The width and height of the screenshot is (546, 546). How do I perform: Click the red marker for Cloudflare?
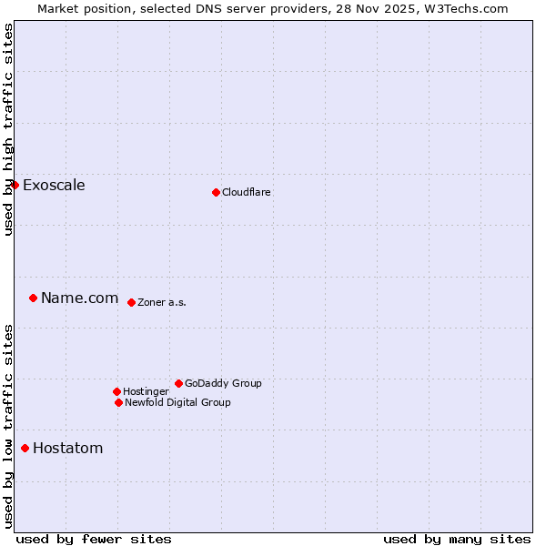216,192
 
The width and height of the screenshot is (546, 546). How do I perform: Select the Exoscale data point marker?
15,185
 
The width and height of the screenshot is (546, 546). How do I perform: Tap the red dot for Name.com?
33,298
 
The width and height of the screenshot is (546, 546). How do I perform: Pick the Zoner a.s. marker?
131,302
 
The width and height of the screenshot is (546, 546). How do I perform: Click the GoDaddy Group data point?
178,383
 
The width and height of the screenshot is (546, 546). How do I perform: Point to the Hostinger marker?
116,391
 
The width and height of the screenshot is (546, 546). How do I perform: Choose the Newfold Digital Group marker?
118,402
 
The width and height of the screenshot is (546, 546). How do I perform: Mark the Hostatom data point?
25,448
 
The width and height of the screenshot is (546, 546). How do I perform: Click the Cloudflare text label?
247,192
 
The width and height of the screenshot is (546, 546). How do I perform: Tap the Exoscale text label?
54,186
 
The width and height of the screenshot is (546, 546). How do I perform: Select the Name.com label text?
80,298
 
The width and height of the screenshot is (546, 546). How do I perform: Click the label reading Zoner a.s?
162,303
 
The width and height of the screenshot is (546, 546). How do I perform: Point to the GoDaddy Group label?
223,383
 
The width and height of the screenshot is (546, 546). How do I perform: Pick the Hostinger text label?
146,391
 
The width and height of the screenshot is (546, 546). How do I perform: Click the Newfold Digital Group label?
177,402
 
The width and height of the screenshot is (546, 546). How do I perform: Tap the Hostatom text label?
68,449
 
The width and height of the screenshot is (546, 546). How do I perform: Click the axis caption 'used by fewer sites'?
94,539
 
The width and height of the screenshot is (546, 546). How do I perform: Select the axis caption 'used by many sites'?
457,539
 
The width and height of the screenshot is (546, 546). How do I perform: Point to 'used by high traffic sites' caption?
9,129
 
